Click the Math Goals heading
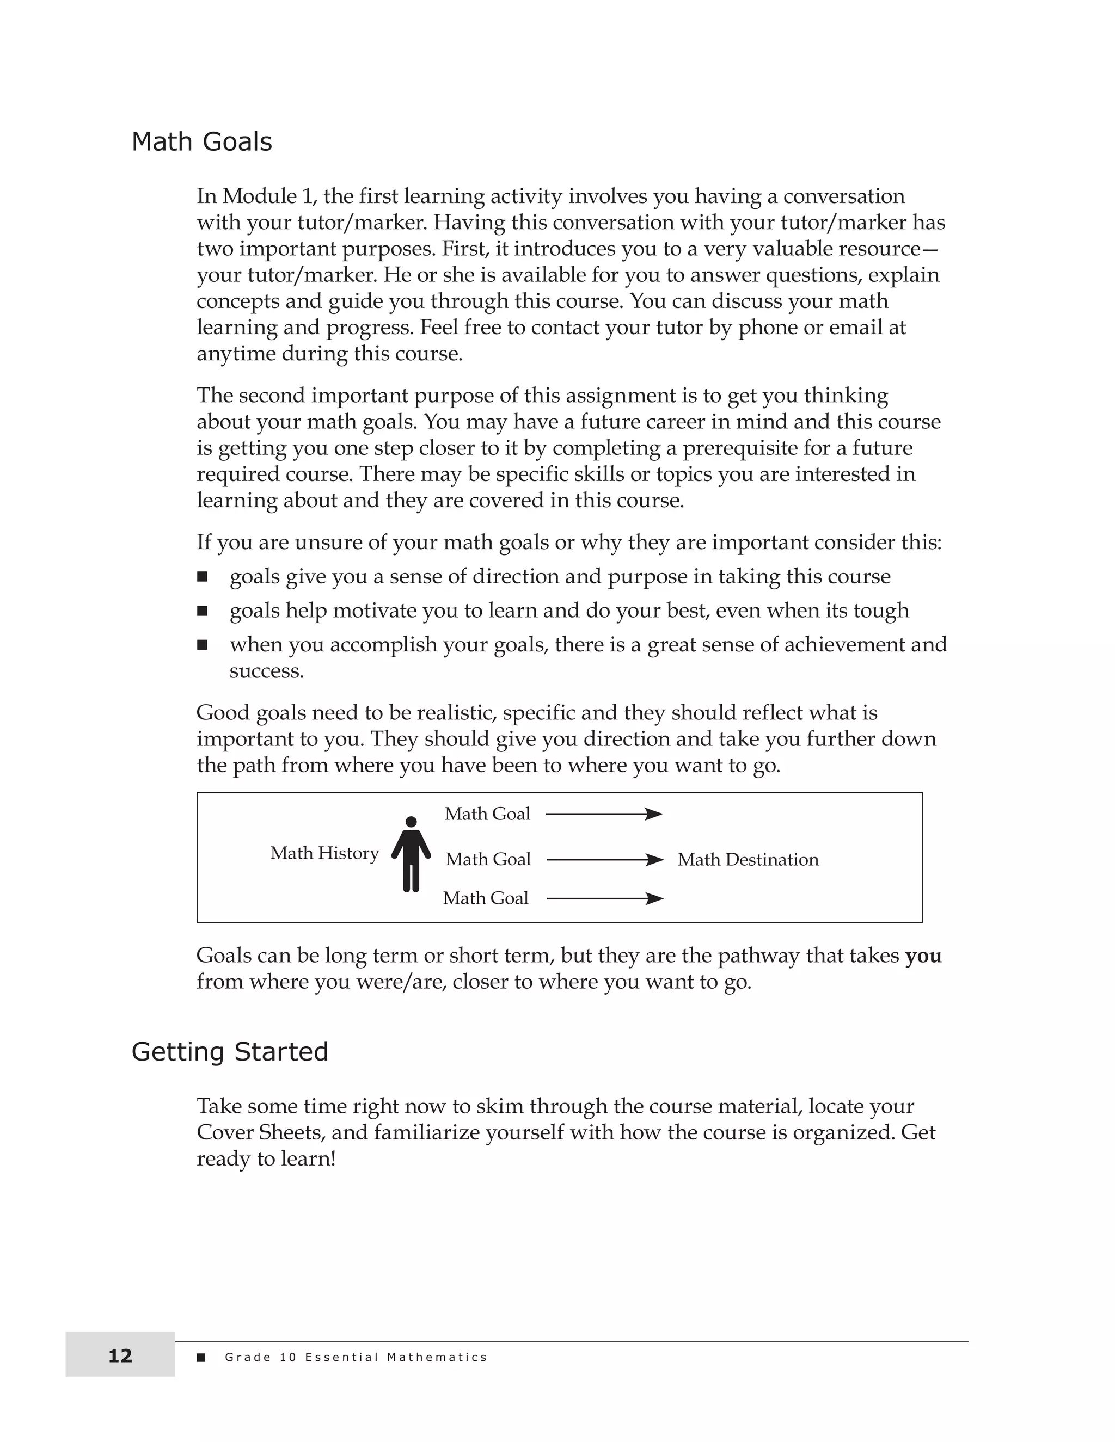click(x=201, y=142)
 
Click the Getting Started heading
click(x=229, y=1051)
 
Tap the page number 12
click(x=120, y=1356)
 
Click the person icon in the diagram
click(x=411, y=854)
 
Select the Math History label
click(x=324, y=853)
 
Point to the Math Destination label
click(x=748, y=860)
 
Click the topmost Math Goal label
click(x=487, y=814)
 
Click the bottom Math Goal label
click(x=486, y=898)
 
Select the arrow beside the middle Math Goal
click(x=604, y=860)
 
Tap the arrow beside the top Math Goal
click(x=604, y=814)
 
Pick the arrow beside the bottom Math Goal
click(x=604, y=898)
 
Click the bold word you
click(x=923, y=956)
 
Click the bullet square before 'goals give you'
click(x=202, y=577)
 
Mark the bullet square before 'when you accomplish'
click(x=202, y=645)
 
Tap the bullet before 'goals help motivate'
click(x=202, y=611)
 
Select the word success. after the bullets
click(x=267, y=671)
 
